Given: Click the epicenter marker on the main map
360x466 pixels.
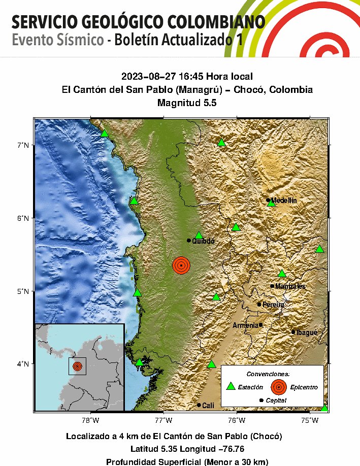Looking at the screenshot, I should (181, 265).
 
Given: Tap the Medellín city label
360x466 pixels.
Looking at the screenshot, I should (284, 201).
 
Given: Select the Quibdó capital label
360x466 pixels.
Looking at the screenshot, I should (203, 241).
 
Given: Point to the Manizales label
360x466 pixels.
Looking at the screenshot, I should (290, 286).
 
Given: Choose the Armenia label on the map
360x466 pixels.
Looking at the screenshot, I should (245, 325).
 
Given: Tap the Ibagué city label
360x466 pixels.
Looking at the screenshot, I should (307, 332).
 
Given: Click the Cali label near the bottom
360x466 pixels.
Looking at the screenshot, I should (208, 405).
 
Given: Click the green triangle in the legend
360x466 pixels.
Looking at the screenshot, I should (231, 386).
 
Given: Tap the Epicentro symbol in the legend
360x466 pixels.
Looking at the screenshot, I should (278, 387).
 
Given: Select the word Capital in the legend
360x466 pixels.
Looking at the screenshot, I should (276, 401).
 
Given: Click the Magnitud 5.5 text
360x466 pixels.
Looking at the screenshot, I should (187, 103).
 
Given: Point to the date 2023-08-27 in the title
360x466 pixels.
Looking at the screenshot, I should (146, 77).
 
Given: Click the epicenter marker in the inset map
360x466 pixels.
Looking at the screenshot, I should (77, 366).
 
